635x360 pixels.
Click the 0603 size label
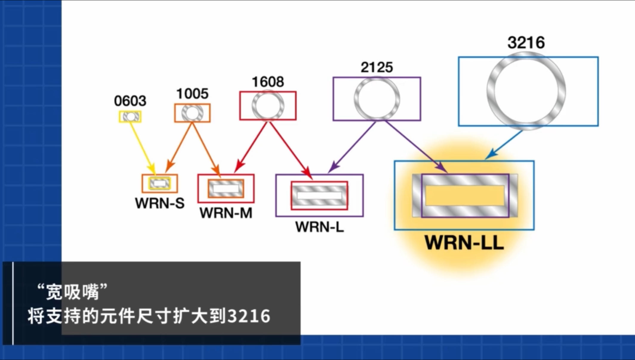(130, 101)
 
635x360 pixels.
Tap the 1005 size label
(192, 94)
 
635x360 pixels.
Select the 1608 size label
(268, 82)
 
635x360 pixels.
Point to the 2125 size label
(377, 67)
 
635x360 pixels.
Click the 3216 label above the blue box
(526, 42)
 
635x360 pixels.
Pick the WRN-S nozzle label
(160, 203)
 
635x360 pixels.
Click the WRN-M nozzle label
(226, 213)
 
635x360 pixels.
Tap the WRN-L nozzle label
(320, 227)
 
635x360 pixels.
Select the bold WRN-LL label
(465, 243)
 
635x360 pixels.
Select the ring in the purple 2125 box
(356, 99)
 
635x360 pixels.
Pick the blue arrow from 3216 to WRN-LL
(504, 145)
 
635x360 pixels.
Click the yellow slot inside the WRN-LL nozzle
(465, 196)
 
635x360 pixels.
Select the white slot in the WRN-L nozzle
(319, 196)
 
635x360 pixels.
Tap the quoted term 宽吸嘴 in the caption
(72, 292)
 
